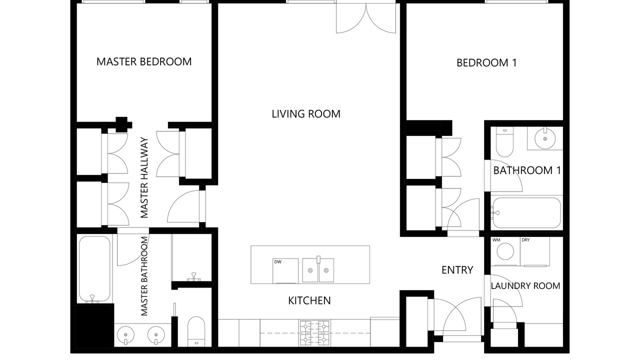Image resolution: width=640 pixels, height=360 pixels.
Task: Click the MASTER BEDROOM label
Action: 144,61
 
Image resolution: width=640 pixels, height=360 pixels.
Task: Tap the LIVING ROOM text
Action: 306,114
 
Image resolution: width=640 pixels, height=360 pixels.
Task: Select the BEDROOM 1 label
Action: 486,63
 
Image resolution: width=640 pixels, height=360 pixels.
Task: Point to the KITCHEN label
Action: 309,300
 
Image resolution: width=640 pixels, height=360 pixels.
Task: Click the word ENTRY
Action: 457,270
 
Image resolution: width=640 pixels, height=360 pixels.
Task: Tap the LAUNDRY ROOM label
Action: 525,285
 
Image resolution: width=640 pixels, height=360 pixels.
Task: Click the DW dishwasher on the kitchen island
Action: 285,271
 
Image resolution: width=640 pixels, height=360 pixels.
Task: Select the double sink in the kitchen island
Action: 318,270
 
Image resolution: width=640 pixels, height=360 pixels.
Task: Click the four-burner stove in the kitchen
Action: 315,333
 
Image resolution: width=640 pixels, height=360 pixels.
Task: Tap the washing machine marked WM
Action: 505,251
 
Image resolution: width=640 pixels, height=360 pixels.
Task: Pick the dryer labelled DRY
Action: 535,251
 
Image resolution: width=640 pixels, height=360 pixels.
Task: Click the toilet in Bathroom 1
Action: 504,142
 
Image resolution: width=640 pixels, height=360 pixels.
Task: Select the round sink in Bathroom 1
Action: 545,138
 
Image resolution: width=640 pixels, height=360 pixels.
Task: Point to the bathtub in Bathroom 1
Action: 526,213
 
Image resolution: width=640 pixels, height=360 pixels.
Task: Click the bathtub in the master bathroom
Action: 94,269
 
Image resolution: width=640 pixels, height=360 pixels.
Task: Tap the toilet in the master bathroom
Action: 196,331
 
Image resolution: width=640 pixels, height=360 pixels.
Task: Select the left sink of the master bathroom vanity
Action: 125,335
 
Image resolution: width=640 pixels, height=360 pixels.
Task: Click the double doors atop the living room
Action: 366,17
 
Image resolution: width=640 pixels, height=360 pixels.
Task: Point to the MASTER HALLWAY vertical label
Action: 144,177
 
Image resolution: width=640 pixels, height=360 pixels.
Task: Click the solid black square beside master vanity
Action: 95,325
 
